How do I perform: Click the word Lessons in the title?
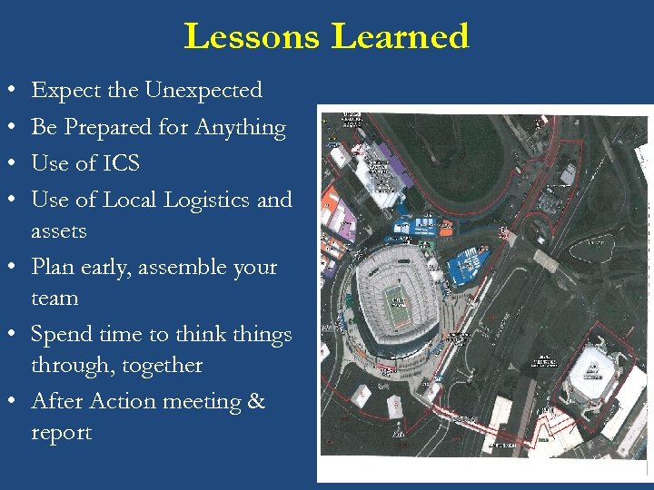[x=252, y=36]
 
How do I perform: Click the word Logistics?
[x=205, y=200]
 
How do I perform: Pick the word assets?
[x=59, y=231]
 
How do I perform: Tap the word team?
[x=54, y=299]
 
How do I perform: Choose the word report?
[x=61, y=433]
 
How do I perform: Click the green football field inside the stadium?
[x=396, y=296]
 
